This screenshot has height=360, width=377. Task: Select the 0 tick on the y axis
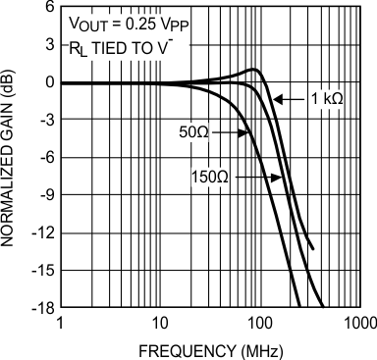coord(48,82)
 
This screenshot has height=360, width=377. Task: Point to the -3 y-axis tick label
coord(45,120)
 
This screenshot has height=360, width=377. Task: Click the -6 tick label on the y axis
coord(45,157)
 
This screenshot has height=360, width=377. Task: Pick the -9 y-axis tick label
coord(45,195)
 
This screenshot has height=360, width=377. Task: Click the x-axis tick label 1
coord(61,321)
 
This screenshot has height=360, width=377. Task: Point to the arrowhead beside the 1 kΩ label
coord(275,99)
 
